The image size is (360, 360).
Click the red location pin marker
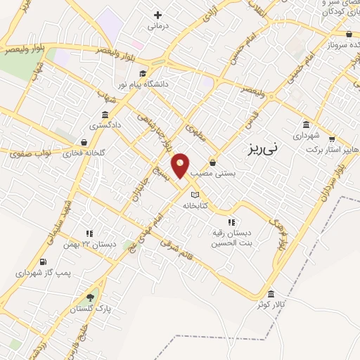[x=181, y=165]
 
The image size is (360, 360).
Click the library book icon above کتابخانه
[x=195, y=195]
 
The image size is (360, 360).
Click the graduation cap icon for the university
[x=142, y=74]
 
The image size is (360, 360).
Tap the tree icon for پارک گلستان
[x=90, y=297]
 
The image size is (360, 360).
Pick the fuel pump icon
[x=44, y=262]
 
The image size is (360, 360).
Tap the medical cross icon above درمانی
[x=157, y=14]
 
